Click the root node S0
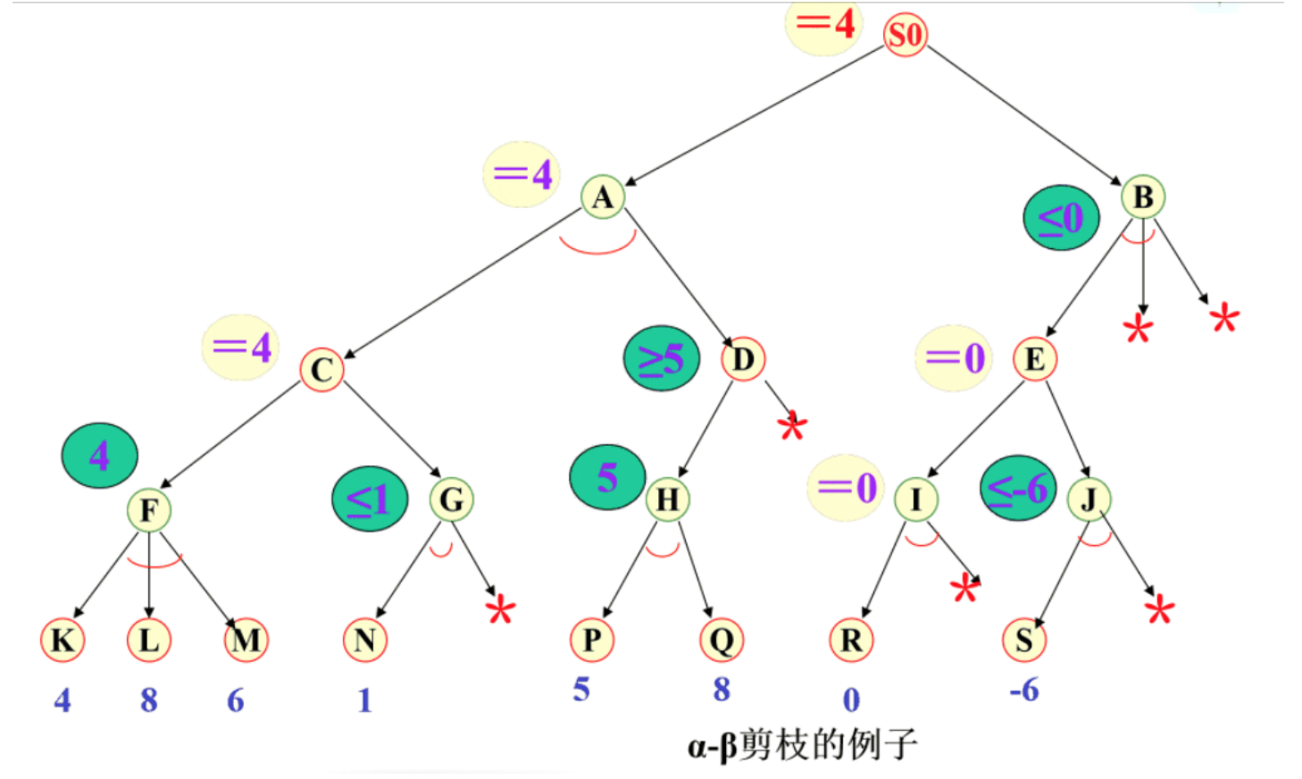click(905, 36)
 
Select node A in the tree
click(603, 197)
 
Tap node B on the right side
click(1143, 197)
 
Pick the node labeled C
click(321, 370)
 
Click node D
click(743, 359)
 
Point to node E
click(1034, 359)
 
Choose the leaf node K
click(63, 640)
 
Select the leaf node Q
click(722, 640)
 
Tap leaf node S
click(1023, 640)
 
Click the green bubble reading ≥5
click(662, 358)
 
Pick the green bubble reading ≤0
click(1061, 218)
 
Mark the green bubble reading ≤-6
click(1018, 488)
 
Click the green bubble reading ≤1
click(369, 499)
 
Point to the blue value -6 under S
click(1024, 690)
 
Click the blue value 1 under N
click(364, 700)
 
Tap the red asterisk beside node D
click(792, 427)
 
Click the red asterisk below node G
click(500, 611)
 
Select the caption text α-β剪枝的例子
click(802, 744)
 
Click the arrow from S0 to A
click(755, 114)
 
